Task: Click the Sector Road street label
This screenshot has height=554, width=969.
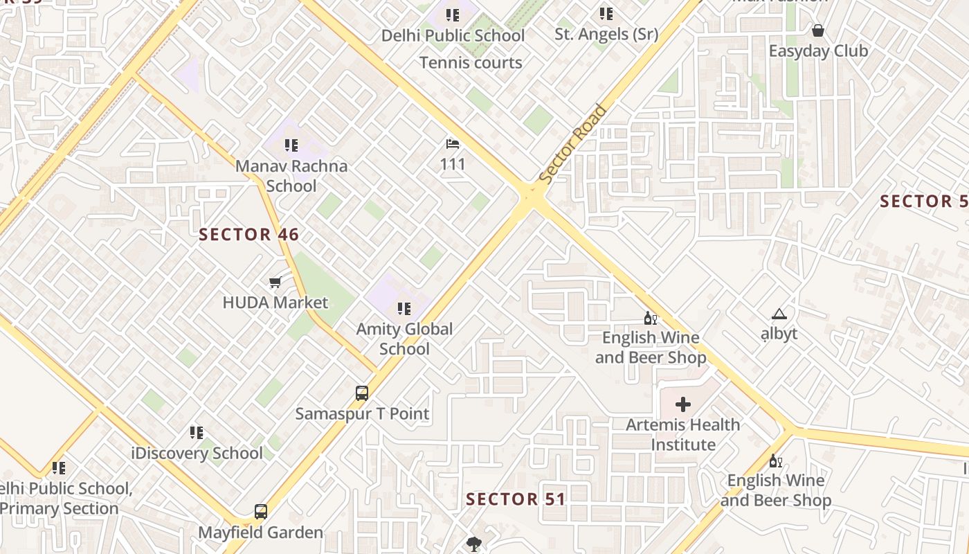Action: click(572, 144)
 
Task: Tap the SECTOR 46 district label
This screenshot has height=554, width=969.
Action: click(249, 235)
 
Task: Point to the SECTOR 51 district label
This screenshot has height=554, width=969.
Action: click(516, 499)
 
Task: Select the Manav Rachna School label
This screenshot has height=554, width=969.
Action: click(291, 176)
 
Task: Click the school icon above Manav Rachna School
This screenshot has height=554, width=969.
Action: click(291, 145)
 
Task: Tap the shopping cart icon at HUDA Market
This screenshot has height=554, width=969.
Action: click(275, 282)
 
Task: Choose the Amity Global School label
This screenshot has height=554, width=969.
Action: click(404, 339)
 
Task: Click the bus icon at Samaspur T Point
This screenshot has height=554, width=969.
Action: click(362, 393)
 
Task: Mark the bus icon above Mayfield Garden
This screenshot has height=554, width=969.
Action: click(261, 512)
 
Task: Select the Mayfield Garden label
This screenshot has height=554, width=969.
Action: click(261, 533)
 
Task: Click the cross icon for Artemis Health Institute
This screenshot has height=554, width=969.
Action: click(683, 404)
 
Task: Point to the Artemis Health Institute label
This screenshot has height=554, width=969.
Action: click(683, 434)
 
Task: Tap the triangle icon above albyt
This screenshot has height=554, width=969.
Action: click(779, 314)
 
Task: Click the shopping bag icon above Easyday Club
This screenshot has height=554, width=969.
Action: click(818, 30)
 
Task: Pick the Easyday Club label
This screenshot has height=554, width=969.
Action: click(818, 51)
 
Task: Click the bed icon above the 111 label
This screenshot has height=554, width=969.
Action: click(453, 144)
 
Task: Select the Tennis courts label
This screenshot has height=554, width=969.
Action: click(471, 63)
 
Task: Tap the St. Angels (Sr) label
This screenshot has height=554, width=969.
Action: click(606, 34)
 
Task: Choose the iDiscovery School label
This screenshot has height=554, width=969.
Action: click(197, 454)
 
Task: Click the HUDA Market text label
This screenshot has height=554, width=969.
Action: click(275, 303)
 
